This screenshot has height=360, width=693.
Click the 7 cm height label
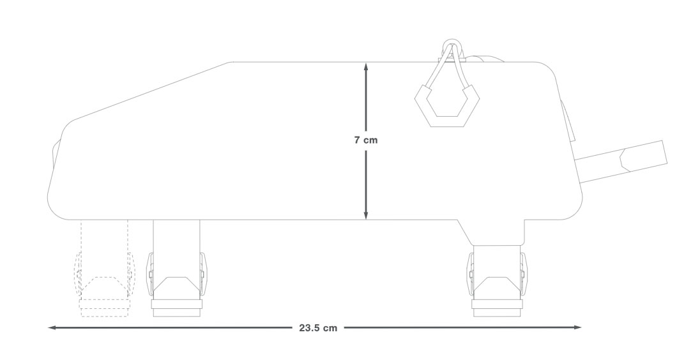click(365, 140)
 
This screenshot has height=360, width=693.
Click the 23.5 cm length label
click(318, 327)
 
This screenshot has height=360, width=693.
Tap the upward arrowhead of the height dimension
click(366, 66)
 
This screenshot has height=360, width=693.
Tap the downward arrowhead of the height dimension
click(366, 214)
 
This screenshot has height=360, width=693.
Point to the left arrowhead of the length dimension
click(52, 327)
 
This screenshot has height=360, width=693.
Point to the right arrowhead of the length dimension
click(577, 327)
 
